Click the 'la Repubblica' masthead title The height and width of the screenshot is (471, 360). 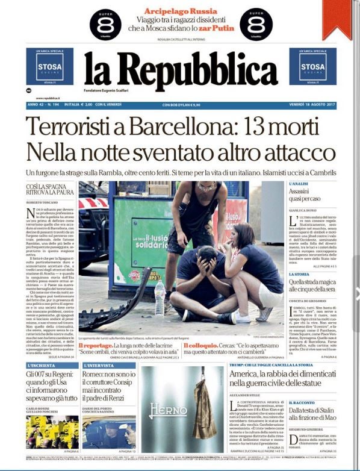(x=172, y=71)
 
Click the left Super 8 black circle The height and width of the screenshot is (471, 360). (x=105, y=23)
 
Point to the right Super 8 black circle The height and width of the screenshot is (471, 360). (x=256, y=23)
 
